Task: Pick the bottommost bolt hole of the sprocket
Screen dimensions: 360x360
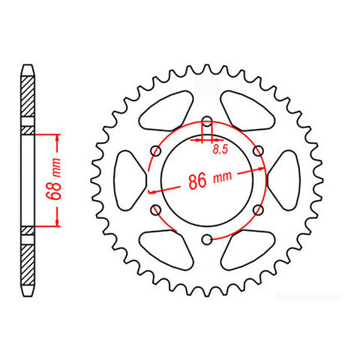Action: (x=206, y=240)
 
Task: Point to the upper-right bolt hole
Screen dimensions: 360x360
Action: (x=258, y=151)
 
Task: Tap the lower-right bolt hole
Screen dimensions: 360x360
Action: (x=258, y=210)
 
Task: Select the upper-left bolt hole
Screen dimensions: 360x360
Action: (x=154, y=151)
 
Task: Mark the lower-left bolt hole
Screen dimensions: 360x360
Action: (x=154, y=210)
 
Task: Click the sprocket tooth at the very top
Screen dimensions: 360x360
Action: (x=206, y=68)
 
